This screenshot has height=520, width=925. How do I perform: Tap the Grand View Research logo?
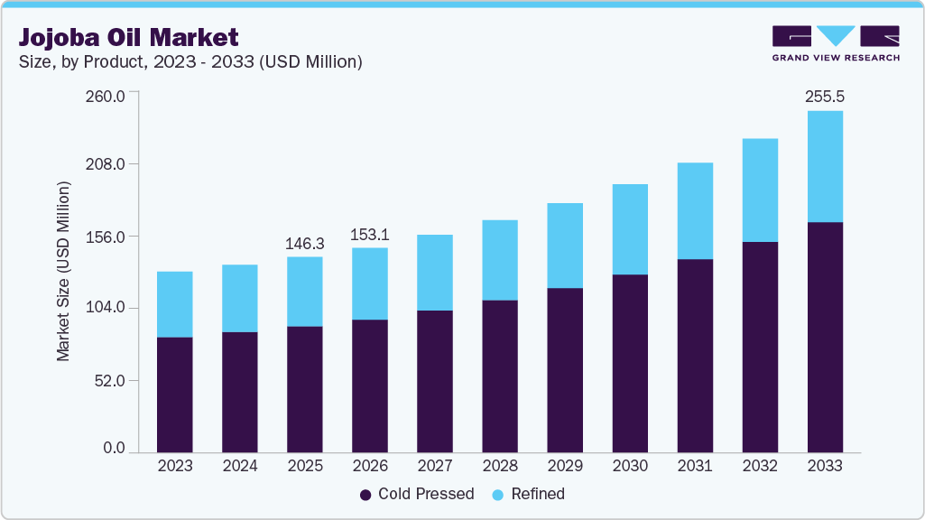(836, 42)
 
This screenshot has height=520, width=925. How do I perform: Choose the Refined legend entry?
(529, 494)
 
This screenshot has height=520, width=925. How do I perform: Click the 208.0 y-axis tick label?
(105, 165)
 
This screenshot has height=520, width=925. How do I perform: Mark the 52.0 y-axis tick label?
(108, 381)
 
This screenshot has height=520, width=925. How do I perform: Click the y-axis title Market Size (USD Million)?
(63, 271)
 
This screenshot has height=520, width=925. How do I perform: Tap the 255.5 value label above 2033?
(824, 96)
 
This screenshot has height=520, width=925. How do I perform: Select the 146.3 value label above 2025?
(304, 243)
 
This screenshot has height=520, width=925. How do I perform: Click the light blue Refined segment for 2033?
(825, 166)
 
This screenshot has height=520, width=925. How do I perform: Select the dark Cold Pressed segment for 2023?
(174, 394)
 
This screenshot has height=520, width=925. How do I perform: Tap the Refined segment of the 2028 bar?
(499, 260)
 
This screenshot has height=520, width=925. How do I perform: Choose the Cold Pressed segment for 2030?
(630, 363)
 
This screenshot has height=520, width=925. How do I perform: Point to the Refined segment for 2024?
(239, 298)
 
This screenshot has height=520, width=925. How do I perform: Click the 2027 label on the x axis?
(434, 467)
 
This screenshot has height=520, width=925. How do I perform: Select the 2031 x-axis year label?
(694, 467)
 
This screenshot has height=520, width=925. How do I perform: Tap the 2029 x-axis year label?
(564, 467)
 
